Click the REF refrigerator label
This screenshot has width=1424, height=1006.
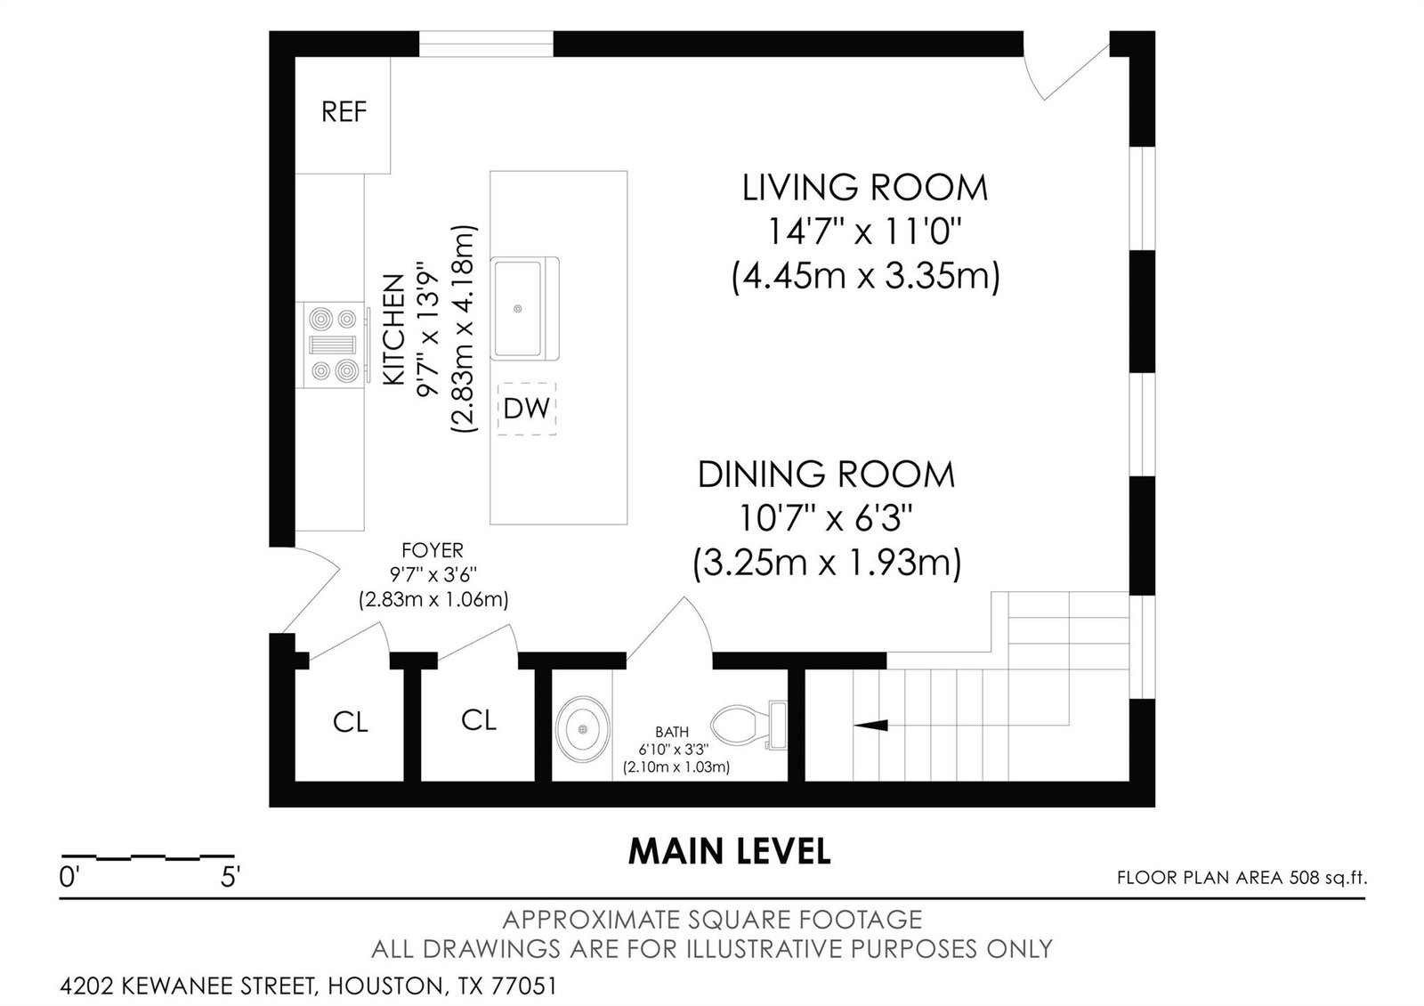[344, 112]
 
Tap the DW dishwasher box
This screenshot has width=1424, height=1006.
[526, 409]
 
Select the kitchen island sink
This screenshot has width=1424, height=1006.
[524, 308]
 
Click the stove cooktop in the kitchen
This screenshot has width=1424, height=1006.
[335, 345]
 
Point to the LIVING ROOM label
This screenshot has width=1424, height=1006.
[865, 188]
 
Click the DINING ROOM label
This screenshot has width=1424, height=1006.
[827, 475]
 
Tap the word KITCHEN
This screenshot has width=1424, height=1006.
[394, 329]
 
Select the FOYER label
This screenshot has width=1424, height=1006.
[433, 549]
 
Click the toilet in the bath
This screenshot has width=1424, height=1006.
[748, 726]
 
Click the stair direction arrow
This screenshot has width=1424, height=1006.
[870, 725]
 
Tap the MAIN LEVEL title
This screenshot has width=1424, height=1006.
[729, 851]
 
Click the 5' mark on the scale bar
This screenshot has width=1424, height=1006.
[230, 878]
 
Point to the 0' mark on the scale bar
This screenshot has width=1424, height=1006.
[68, 878]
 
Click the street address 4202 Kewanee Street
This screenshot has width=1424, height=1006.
[188, 986]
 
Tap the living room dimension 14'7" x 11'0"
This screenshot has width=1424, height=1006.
[864, 231]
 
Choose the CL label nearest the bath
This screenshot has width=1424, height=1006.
[479, 720]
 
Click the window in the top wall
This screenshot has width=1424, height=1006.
[486, 44]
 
